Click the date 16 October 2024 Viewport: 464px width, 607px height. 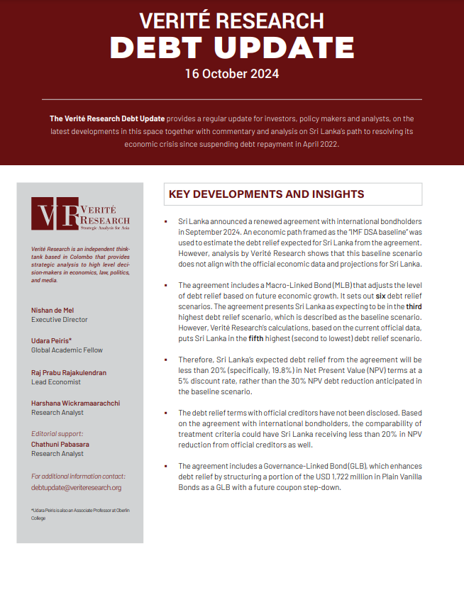click(232, 74)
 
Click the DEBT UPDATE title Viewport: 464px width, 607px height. click(232, 47)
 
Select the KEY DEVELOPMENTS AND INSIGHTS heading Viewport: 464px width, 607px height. click(267, 194)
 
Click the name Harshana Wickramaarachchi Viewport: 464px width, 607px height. click(76, 403)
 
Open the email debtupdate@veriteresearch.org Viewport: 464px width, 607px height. click(77, 487)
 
